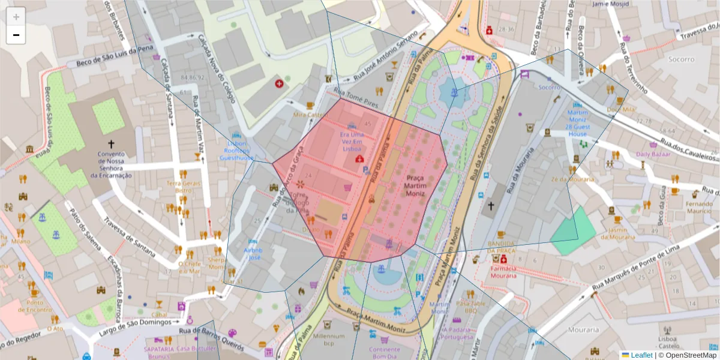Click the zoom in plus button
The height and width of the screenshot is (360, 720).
tap(16, 17)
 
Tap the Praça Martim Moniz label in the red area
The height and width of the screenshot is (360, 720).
tap(415, 185)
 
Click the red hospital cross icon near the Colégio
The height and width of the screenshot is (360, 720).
tap(279, 84)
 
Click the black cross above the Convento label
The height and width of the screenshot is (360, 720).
tap(111, 144)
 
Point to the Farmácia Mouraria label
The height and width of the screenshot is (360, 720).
tap(503, 272)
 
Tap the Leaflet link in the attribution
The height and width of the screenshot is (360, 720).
tap(641, 355)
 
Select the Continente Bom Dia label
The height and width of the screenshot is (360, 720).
tap(384, 353)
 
